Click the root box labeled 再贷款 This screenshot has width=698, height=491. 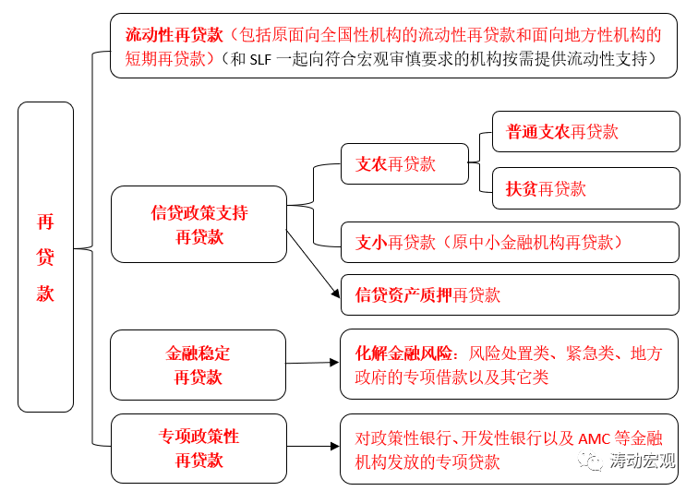click(x=45, y=257)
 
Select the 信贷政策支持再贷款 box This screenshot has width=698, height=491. click(x=199, y=224)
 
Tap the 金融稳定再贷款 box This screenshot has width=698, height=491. click(x=199, y=365)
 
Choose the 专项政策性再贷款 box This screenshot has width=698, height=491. click(x=199, y=448)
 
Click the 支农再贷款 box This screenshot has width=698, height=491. click(x=403, y=164)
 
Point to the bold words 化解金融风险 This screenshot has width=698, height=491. click(x=405, y=353)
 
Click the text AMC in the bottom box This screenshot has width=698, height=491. click(x=593, y=438)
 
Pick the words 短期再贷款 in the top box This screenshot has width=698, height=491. click(x=163, y=59)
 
